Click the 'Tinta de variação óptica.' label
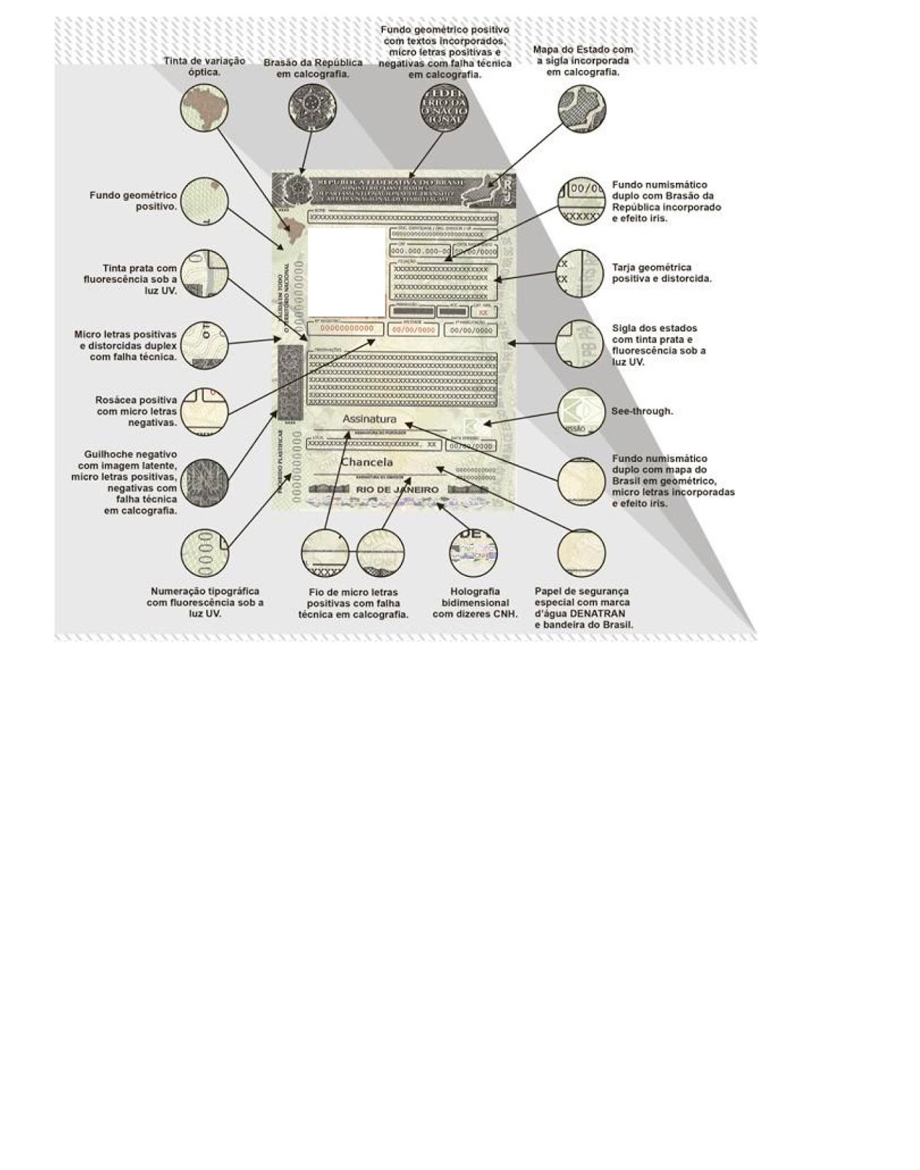(204, 67)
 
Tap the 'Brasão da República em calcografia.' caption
(313, 68)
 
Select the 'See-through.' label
(642, 411)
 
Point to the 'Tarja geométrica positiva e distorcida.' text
(661, 273)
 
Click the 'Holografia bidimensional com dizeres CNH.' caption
(475, 603)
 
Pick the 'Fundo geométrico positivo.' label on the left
(134, 201)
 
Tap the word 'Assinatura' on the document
(369, 419)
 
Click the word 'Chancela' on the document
(367, 462)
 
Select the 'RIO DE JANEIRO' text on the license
(398, 490)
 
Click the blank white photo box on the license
(347, 271)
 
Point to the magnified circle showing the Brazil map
(204, 108)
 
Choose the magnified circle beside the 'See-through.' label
(581, 412)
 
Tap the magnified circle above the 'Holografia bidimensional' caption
(473, 552)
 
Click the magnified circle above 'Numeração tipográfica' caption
(205, 553)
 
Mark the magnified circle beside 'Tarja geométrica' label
(580, 273)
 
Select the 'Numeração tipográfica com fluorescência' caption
(205, 603)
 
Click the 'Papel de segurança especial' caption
(583, 608)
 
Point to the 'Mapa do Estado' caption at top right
(582, 61)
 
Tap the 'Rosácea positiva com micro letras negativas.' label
(137, 411)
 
